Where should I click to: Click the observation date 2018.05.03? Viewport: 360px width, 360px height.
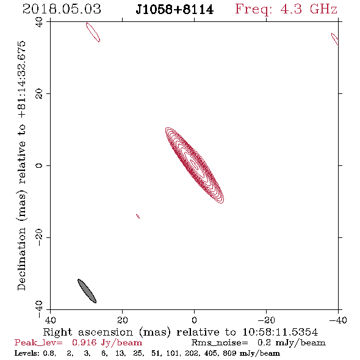(x=62, y=9)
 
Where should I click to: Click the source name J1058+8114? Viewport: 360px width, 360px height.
(x=175, y=10)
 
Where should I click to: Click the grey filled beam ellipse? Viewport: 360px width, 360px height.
(x=87, y=291)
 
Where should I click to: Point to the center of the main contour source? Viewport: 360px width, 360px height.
(x=195, y=165)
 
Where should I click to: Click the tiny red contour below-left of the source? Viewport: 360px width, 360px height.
(x=138, y=216)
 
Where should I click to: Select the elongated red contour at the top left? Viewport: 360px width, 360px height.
(x=93, y=32)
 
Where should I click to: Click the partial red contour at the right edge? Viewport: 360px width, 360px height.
(x=335, y=39)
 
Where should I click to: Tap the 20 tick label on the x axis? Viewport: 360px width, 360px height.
(x=123, y=320)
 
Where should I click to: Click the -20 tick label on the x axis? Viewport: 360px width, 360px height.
(x=266, y=320)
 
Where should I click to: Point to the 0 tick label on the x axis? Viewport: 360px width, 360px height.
(x=194, y=320)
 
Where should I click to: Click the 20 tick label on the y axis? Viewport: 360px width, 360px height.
(x=39, y=94)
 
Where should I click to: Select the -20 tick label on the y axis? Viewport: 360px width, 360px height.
(x=39, y=237)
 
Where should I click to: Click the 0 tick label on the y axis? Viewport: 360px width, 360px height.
(x=39, y=165)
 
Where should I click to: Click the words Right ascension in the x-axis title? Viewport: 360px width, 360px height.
(x=88, y=332)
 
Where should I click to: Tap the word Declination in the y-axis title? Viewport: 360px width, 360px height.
(x=21, y=259)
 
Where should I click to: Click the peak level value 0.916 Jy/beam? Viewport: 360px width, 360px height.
(x=107, y=343)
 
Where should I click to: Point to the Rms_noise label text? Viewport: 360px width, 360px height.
(x=220, y=343)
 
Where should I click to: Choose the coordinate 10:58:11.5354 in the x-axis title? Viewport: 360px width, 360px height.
(x=280, y=332)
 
